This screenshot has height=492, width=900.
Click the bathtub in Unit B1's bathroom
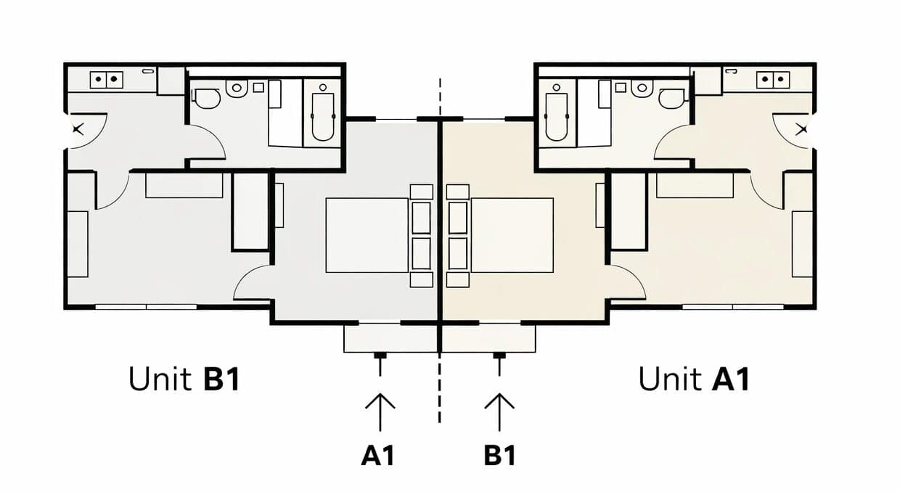point(323,117)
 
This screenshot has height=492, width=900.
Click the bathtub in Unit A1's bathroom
point(557,117)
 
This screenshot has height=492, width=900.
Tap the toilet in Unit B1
point(207,99)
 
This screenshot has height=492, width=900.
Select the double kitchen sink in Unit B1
point(107,80)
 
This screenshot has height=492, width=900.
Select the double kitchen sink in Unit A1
point(773,80)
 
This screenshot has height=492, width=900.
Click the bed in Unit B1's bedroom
point(367,235)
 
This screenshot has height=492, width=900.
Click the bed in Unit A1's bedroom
point(512,235)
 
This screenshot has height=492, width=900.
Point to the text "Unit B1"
point(184,379)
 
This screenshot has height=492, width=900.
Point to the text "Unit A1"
point(694,379)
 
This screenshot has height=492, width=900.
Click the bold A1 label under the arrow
point(377,456)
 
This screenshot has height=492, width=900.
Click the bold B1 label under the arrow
point(500,456)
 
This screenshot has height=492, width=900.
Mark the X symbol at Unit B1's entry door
point(78,129)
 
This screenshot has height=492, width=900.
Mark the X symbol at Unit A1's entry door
point(802,129)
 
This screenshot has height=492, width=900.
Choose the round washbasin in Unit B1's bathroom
point(237,89)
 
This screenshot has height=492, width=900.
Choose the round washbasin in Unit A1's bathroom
point(642,89)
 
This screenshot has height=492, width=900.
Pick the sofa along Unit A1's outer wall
point(802,245)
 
